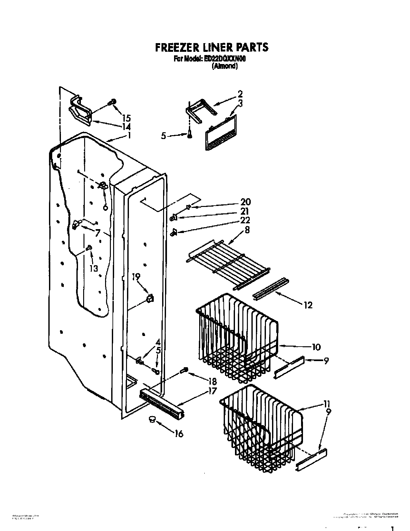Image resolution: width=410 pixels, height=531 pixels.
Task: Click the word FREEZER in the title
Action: [173, 47]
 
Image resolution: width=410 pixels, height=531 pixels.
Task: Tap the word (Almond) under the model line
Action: [225, 67]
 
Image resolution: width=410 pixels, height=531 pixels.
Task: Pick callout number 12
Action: [308, 305]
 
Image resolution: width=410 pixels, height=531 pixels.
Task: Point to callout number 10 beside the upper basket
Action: [316, 347]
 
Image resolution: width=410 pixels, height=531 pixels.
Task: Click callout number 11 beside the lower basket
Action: [327, 404]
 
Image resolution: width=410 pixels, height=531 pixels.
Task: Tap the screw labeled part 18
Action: [185, 371]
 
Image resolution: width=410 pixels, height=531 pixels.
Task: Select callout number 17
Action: [212, 391]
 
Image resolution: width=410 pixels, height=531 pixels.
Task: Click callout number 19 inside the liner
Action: [136, 276]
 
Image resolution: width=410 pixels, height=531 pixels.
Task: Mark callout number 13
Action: [93, 268]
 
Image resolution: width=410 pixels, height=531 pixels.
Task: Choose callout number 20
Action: [245, 202]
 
